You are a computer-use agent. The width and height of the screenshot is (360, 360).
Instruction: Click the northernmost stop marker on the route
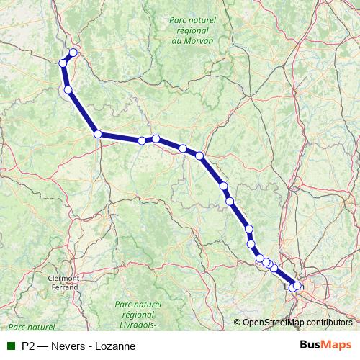[x=73, y=53]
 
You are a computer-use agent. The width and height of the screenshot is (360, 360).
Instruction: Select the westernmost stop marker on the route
[x=63, y=63]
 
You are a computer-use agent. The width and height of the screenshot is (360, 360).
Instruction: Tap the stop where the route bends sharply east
[x=97, y=133]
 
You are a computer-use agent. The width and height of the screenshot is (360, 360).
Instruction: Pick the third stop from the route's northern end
[x=68, y=90]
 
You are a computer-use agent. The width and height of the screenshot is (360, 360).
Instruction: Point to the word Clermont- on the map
[x=63, y=277]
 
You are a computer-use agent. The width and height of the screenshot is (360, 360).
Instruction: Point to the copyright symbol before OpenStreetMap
[x=238, y=323]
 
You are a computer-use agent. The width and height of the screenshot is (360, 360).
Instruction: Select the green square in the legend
[x=11, y=346]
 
